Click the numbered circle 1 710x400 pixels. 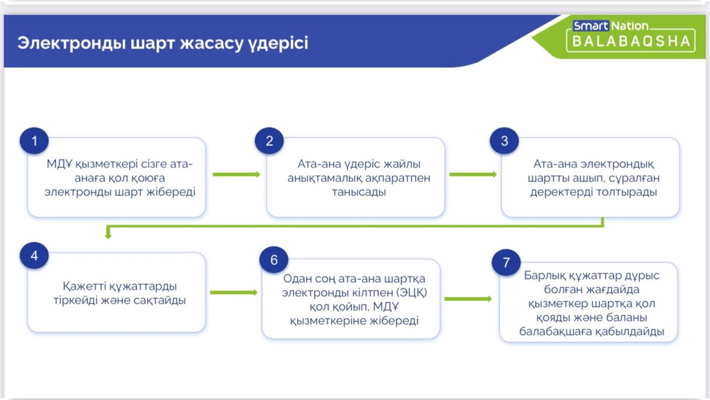pyautogui.click(x=34, y=141)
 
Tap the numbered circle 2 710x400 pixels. pyautogui.click(x=270, y=141)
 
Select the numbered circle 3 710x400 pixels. pyautogui.click(x=504, y=141)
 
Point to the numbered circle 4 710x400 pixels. pyautogui.click(x=34, y=256)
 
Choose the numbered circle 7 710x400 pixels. pyautogui.click(x=506, y=262)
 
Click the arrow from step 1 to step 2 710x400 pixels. pyautogui.click(x=236, y=174)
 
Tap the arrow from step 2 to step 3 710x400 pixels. pyautogui.click(x=473, y=174)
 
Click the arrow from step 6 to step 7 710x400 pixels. pyautogui.click(x=468, y=299)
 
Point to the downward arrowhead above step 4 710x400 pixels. pyautogui.click(x=108, y=235)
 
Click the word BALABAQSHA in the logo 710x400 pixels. pyautogui.click(x=631, y=41)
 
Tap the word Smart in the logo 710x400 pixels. pyautogui.click(x=591, y=26)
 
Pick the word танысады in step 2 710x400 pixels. pyautogui.click(x=355, y=192)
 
